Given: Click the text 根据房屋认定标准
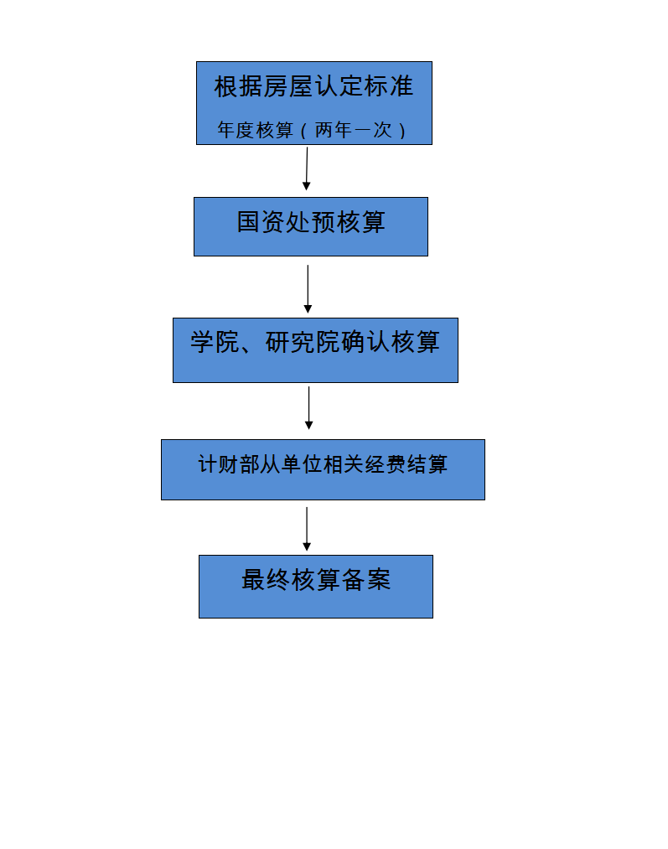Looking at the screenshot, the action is coord(314,86).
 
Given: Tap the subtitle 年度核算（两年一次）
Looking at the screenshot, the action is coord(313,130).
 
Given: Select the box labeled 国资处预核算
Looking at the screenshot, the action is coord(311,226).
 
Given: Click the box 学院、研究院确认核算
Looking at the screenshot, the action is coord(315,350).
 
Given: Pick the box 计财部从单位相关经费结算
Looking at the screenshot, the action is coord(324,469).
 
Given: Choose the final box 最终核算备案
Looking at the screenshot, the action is coord(316,587).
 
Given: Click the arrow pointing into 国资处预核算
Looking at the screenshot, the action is coord(307,168).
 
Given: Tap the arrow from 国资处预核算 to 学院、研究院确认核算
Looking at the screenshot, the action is coord(308,289).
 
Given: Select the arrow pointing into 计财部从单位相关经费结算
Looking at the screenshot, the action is coord(309,408).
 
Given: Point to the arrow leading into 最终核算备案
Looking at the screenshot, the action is coord(307,529).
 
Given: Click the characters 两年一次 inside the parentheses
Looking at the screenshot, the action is coord(353,130).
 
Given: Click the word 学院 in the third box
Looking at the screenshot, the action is coord(215,342).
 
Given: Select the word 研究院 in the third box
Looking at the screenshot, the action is coord(303,342).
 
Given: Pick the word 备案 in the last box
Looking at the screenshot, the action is coord(366,579).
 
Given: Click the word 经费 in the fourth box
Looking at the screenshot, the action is coord(386,464).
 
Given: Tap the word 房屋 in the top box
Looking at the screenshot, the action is coord(288,86).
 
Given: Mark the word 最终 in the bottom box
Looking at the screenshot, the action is coord(265,579).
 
